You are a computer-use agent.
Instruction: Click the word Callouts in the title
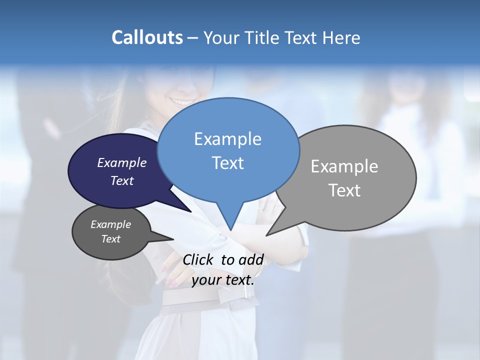click(x=147, y=37)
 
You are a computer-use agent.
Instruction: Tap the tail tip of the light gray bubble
click(x=267, y=235)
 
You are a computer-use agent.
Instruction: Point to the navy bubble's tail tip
click(x=191, y=211)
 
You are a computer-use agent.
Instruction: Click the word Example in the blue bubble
click(x=227, y=139)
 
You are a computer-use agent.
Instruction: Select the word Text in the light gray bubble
click(x=344, y=190)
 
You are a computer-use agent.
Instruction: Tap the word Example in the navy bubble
click(x=121, y=162)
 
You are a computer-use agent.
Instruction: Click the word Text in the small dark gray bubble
click(x=110, y=239)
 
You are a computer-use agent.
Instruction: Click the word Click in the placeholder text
click(x=198, y=259)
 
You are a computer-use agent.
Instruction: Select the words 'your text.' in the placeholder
click(x=223, y=280)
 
